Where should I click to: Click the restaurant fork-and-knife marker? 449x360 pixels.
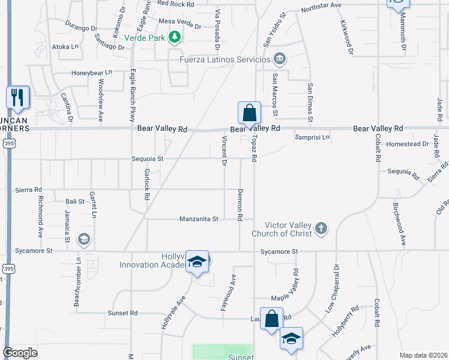(x=17, y=97)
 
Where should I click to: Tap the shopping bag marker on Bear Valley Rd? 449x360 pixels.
(x=249, y=113)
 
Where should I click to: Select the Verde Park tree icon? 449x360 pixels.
(x=175, y=37)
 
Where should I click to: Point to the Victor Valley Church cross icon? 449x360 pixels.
(x=321, y=228)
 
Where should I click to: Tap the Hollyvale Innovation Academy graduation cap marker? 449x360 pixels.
(x=197, y=262)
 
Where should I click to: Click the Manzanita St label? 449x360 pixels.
(x=199, y=220)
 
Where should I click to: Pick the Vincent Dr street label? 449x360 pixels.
(x=224, y=151)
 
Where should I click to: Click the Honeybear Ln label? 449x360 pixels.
(x=92, y=73)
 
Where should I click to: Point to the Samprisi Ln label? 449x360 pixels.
(x=312, y=137)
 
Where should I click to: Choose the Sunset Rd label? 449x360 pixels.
(x=122, y=313)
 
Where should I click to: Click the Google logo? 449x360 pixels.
(x=20, y=353)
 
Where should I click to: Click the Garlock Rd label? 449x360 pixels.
(x=146, y=184)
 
